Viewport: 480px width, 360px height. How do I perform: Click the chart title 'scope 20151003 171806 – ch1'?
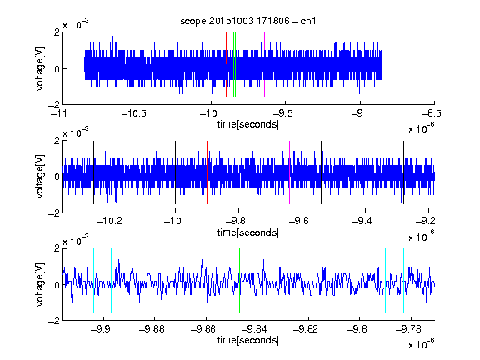coord(248,21)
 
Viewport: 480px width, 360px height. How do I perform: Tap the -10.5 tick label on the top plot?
coord(134,113)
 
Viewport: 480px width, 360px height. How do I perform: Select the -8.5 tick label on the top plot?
coord(431,113)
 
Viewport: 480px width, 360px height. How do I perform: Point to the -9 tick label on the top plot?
coord(357,113)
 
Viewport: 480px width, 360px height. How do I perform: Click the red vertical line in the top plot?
coord(226,65)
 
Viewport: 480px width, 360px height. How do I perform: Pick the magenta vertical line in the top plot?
coord(264,65)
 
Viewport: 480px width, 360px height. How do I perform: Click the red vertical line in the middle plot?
coord(207,172)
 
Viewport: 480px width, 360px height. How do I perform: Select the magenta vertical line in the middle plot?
coord(290,172)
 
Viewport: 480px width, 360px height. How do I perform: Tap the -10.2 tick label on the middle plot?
coord(109,221)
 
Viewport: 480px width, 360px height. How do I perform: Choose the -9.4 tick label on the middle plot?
coord(362,221)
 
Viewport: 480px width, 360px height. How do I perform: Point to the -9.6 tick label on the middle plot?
coord(299,221)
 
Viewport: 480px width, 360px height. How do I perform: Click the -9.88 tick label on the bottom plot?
coord(152,329)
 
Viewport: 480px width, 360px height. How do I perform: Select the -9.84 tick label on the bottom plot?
coord(254,329)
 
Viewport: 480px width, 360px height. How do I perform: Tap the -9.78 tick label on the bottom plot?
coord(408,329)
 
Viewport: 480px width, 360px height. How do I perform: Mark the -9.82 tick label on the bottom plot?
coord(306,329)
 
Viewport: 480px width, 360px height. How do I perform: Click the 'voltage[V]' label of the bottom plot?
coord(40,285)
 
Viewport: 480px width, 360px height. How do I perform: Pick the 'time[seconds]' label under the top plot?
coord(248,125)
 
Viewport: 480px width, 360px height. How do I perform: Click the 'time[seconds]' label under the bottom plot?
coord(248,340)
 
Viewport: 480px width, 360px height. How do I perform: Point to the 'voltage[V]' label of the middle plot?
coord(40,177)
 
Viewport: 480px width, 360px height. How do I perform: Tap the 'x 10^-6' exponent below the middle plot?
coord(422,236)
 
